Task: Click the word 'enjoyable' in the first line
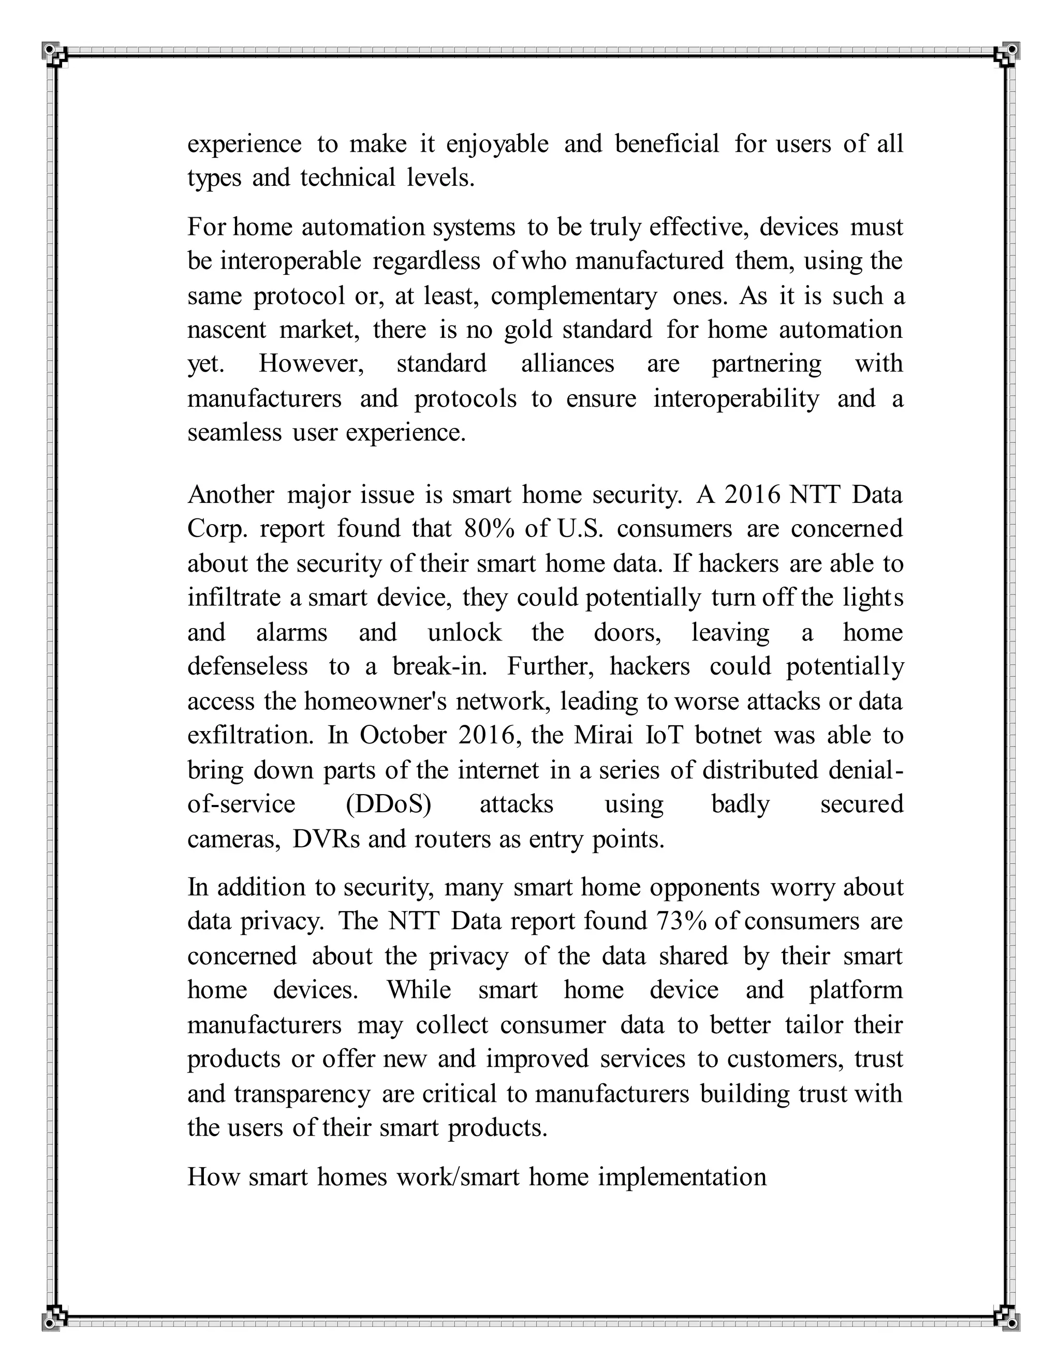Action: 497,145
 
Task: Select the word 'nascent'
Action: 227,330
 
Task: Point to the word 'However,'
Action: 312,364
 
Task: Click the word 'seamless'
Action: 234,433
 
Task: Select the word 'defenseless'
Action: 247,667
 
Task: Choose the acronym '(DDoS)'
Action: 388,804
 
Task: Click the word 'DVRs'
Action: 326,839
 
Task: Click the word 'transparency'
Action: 302,1094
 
